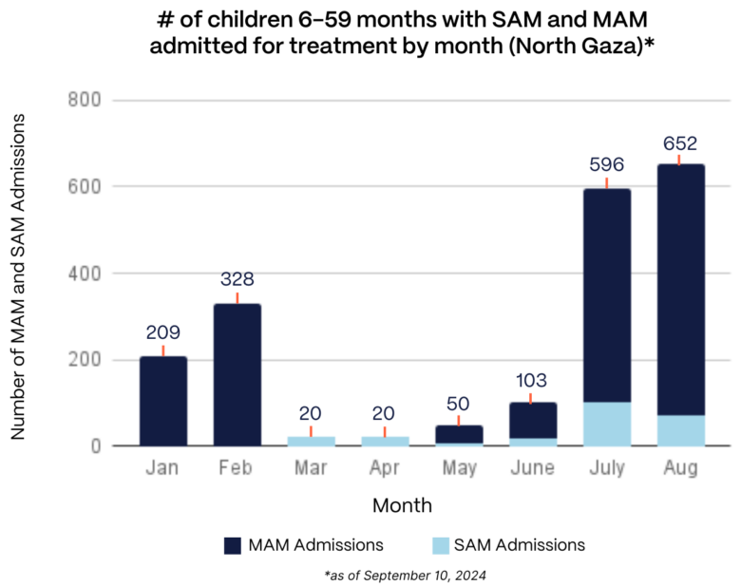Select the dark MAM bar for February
coord(237,374)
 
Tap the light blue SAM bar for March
coord(311,441)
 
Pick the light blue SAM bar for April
coord(385,441)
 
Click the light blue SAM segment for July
coord(607,424)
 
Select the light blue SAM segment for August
coord(681,430)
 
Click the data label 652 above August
coord(680,144)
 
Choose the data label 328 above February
coord(237,281)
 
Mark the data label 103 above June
coord(533,381)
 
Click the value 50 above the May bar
coord(459,404)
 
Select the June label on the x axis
coord(533,469)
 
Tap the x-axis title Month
coord(402,504)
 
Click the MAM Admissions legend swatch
coord(233,545)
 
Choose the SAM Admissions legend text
coord(519,545)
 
